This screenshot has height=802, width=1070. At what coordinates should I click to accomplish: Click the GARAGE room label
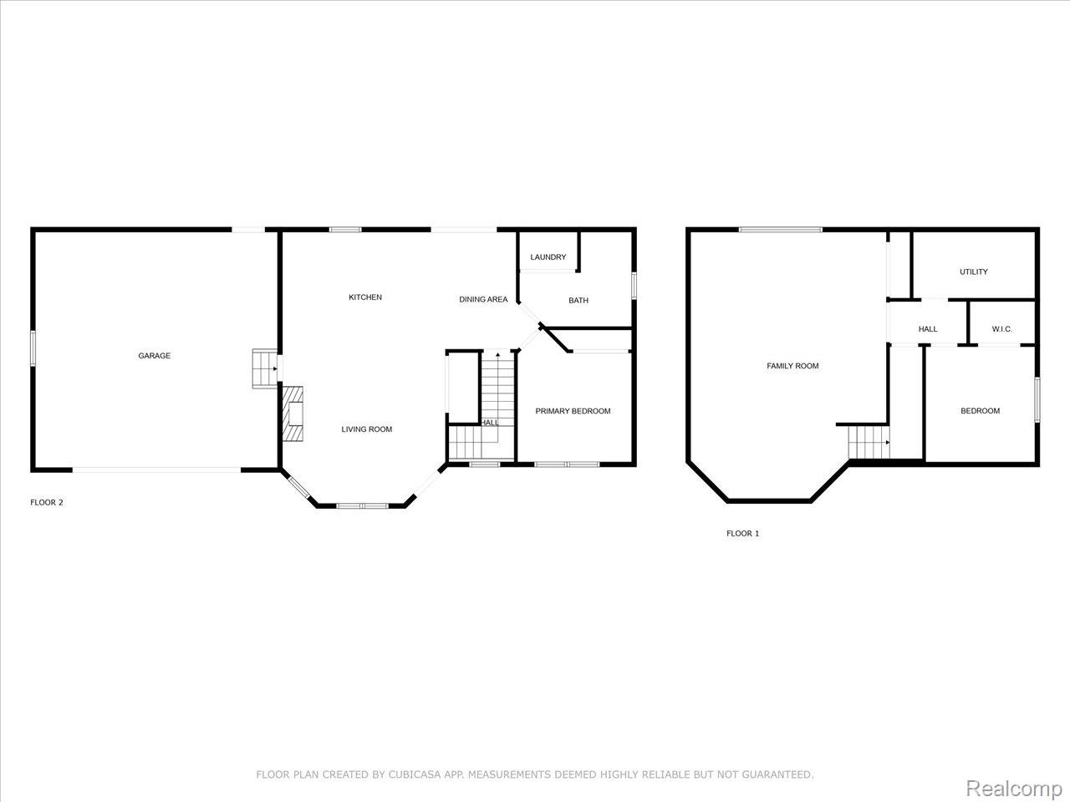click(x=154, y=356)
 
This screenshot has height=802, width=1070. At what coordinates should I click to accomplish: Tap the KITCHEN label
click(x=365, y=297)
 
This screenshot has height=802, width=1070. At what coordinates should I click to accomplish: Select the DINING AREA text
click(x=483, y=299)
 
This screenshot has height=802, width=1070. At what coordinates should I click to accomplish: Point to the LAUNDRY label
click(x=548, y=257)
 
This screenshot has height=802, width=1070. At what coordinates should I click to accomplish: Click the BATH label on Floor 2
click(x=578, y=301)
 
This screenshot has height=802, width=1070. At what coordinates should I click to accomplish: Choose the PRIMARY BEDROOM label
click(x=573, y=411)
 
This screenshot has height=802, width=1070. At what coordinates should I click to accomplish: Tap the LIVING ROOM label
click(x=366, y=429)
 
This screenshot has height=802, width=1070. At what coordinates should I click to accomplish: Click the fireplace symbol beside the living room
click(x=293, y=414)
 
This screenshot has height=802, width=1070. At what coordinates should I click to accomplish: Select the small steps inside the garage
click(x=265, y=368)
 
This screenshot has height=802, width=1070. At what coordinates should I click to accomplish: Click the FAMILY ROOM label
click(x=792, y=366)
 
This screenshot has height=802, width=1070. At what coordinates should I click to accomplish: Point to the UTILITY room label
click(x=973, y=272)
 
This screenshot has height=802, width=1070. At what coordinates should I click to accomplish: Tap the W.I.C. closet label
click(x=1001, y=329)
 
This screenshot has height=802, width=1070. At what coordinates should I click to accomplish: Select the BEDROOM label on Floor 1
click(x=980, y=411)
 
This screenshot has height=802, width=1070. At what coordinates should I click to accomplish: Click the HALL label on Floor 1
click(x=928, y=329)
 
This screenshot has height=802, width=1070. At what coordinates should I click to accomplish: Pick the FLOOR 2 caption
click(x=47, y=503)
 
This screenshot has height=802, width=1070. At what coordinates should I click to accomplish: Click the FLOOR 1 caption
click(x=742, y=533)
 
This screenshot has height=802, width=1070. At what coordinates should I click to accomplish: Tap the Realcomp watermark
click(x=1013, y=788)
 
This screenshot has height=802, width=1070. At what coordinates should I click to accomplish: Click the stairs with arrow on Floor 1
click(x=869, y=442)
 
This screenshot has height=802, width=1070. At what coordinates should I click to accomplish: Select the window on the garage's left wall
click(x=33, y=348)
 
